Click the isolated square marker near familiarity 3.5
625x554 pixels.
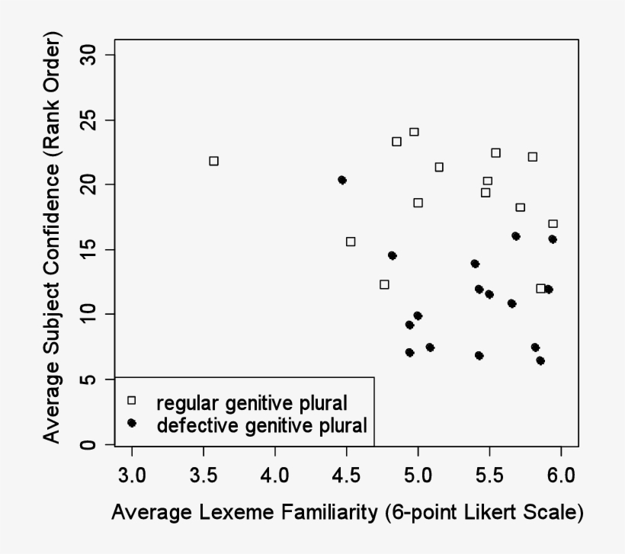tap(214, 161)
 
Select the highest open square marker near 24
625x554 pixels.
tap(414, 132)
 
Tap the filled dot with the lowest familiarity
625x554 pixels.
tap(342, 180)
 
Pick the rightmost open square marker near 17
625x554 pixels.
tap(553, 223)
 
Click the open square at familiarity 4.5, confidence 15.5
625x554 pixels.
tap(351, 242)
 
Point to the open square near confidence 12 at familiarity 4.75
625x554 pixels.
tap(384, 284)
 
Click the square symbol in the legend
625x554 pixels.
tap(131, 400)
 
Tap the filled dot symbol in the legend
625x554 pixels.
tap(131, 423)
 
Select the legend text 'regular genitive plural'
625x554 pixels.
tap(252, 401)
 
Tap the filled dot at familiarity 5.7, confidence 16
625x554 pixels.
tap(516, 236)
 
